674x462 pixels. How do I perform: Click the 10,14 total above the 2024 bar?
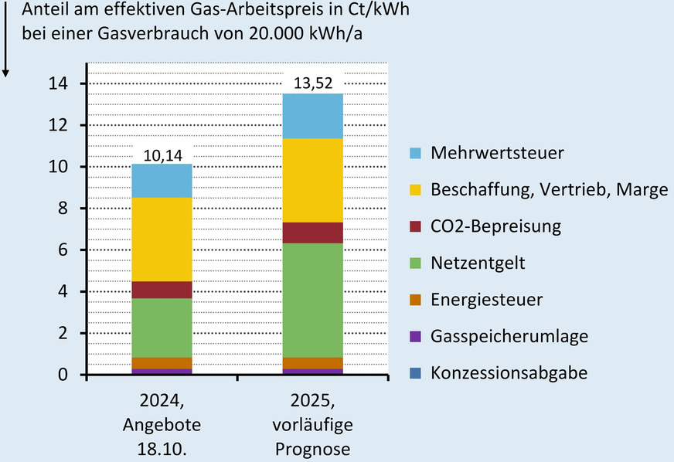[162, 154]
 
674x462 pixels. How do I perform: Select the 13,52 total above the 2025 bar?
[313, 83]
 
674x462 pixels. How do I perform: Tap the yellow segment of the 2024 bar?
[162, 239]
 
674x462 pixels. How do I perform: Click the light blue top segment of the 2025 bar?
[313, 116]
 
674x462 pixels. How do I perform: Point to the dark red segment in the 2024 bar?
[162, 290]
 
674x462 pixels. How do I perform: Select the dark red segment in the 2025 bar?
[313, 233]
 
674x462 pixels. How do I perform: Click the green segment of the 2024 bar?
[162, 328]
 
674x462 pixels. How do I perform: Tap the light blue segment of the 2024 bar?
[162, 181]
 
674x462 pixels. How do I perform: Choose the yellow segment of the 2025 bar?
[313, 180]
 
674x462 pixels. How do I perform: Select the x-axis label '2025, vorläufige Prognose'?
[313, 426]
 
